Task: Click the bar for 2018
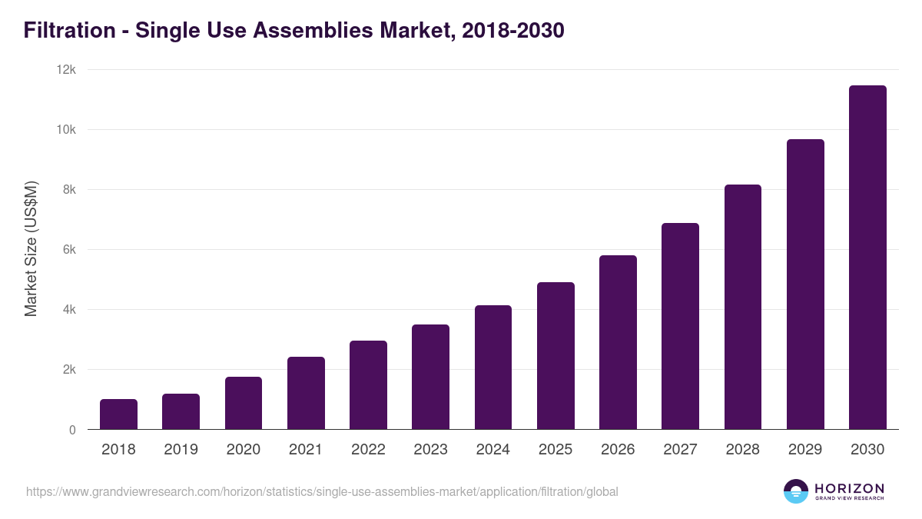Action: point(118,414)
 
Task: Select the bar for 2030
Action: point(867,258)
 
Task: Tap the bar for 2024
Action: point(493,368)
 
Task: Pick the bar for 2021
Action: point(306,393)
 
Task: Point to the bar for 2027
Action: point(680,326)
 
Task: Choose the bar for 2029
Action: point(805,284)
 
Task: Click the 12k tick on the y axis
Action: point(67,70)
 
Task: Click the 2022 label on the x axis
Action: point(368,450)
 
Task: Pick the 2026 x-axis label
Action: point(618,450)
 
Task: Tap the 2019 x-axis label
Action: point(181,450)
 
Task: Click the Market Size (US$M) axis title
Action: point(31,249)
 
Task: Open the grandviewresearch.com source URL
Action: point(322,491)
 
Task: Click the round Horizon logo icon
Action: point(796,491)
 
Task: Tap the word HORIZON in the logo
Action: point(849,488)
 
